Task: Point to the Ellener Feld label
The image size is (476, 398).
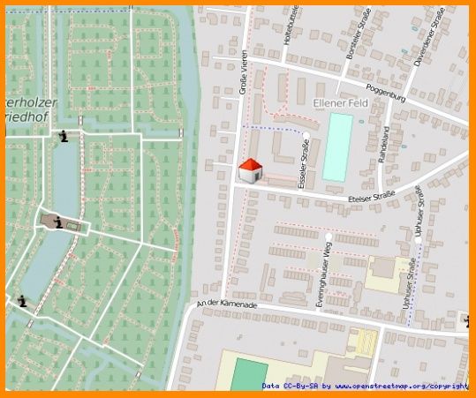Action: pos(340,103)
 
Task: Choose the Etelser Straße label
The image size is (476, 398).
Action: pos(372,198)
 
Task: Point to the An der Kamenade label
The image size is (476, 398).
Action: pos(227,304)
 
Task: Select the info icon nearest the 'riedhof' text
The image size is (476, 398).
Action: pos(64,137)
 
